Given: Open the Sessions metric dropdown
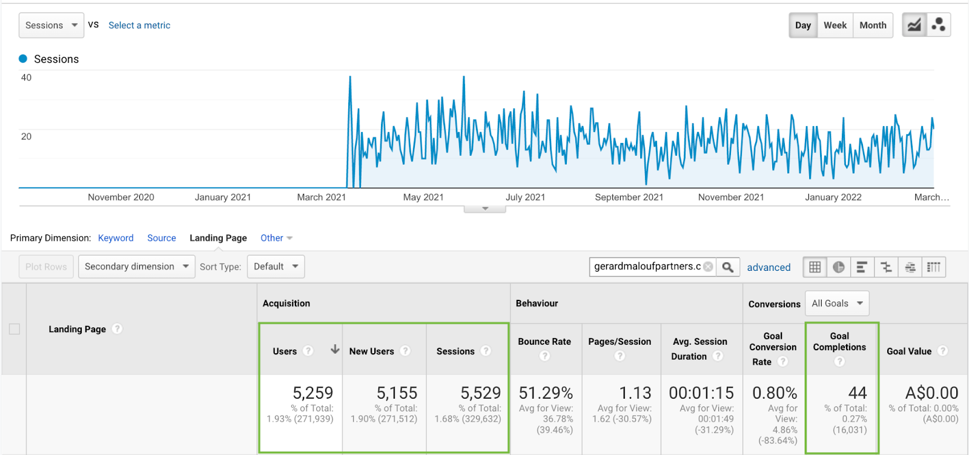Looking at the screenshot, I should tap(51, 25).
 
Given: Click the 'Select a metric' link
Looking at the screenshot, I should tap(139, 25).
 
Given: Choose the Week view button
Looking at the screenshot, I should tap(835, 25).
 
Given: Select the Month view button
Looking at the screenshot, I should tap(873, 25).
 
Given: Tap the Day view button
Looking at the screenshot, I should tap(803, 25).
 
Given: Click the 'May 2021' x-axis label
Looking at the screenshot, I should tap(423, 198).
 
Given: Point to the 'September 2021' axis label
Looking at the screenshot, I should tap(629, 198).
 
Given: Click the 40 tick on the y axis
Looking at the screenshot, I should tap(26, 78).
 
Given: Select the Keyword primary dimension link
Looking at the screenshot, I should tap(116, 238).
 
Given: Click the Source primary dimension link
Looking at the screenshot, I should tap(162, 238).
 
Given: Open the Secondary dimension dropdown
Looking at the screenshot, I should tap(136, 267).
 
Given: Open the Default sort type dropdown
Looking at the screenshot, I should tap(276, 267).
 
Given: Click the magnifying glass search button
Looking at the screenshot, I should tap(728, 267).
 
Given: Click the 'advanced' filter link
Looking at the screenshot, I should tap(769, 267).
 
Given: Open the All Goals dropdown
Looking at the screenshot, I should tap(837, 304).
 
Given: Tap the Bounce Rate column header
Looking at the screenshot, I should tap(544, 342).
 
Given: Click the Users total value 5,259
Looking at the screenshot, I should tap(313, 393).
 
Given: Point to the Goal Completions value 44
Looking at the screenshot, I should tap(857, 393).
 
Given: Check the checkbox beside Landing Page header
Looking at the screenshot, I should tap(15, 329).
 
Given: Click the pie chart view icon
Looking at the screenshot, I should tap(838, 267).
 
